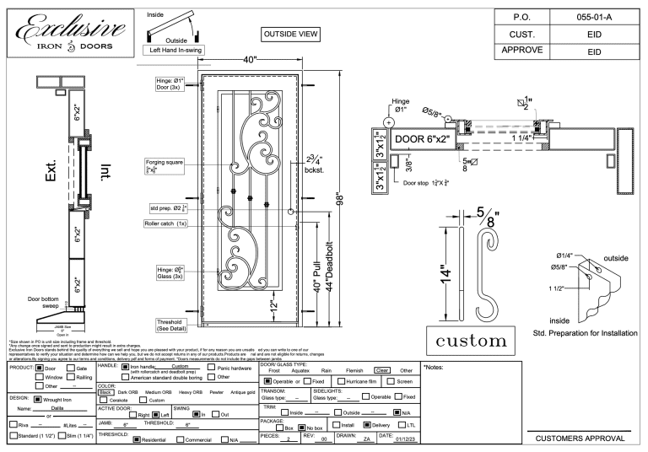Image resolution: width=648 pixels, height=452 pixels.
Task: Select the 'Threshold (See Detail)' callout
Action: (x=173, y=325)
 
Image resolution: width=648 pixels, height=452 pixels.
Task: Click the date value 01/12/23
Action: (x=399, y=439)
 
